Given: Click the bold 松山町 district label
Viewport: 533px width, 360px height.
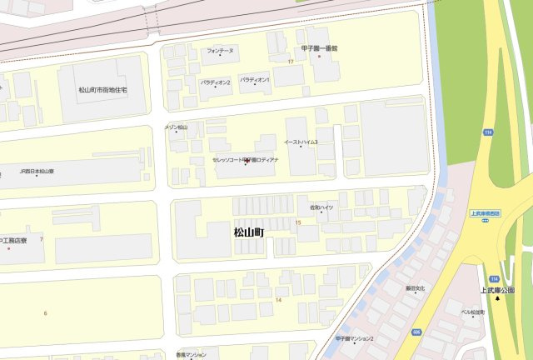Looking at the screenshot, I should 248,232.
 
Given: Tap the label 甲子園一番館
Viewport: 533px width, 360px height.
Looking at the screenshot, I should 320,48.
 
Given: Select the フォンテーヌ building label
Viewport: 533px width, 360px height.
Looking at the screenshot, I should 221,51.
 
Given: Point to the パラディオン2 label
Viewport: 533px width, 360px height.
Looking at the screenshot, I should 215,82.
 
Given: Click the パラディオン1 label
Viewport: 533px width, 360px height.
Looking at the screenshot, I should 255,79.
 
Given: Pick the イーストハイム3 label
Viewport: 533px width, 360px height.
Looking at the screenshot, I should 301,142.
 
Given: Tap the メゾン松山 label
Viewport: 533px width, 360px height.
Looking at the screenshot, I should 176,127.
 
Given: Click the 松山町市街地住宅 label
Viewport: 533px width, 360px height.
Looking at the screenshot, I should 102,89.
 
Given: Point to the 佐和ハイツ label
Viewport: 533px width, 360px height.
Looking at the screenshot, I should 321,207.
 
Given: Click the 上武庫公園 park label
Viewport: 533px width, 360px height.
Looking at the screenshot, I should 497,290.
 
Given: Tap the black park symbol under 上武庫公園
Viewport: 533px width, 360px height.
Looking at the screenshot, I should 498,298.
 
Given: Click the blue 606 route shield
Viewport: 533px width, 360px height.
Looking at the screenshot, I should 416,332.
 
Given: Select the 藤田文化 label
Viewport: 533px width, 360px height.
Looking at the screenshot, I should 415,288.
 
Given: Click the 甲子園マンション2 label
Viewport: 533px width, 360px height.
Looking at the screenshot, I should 355,338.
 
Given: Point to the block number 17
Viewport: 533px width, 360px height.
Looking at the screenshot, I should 291,62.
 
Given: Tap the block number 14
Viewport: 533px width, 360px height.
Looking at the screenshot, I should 278,300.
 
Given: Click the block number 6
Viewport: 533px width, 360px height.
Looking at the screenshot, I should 46,312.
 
